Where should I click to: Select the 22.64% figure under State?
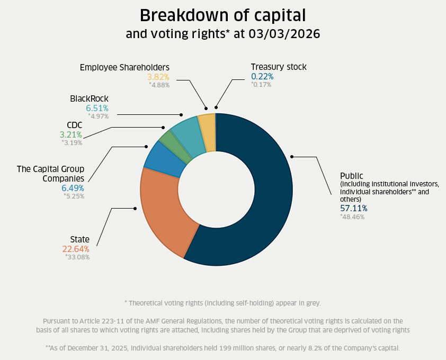pos(76,249)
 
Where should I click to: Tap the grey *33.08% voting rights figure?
pos(77,257)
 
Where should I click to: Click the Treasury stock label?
pos(279,67)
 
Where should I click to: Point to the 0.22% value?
pos(262,76)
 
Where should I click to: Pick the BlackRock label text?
pos(89,99)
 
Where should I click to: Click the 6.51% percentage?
pos(97,108)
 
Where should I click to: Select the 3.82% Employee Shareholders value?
pos(158,76)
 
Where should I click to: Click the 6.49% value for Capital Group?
pos(73,188)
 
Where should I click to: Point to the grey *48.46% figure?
pos(352,217)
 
